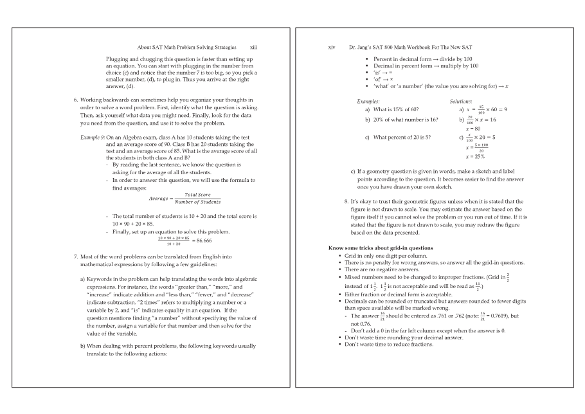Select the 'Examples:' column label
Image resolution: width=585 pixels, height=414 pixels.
point(368,102)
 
